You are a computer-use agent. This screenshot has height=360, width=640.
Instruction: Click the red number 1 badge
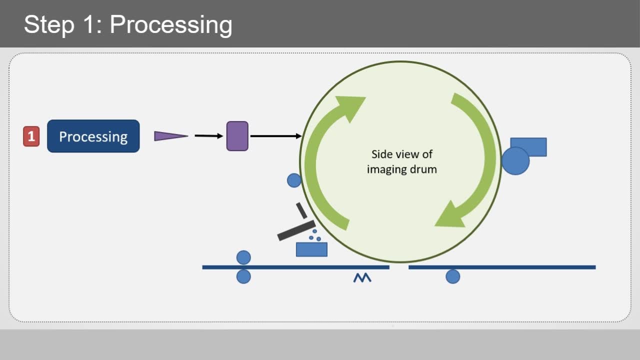point(31,136)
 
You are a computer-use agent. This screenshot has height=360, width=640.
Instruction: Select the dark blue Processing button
point(93,136)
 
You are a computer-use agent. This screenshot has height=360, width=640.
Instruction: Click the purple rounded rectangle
point(237,136)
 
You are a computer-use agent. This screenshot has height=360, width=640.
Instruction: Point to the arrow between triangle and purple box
point(208,135)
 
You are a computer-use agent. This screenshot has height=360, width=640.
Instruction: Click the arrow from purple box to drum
point(275,136)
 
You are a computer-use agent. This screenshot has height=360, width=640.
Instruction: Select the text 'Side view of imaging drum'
point(401,161)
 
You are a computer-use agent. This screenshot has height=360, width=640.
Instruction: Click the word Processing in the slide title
point(171,24)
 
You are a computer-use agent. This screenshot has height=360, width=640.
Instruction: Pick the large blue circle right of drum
point(515,161)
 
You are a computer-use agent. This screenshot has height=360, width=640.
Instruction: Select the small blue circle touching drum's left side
point(294,180)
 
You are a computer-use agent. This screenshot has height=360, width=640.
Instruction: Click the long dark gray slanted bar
point(296,230)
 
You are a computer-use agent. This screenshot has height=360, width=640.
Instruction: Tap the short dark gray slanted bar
point(301,210)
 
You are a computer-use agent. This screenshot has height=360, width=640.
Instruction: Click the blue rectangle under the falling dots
point(311,249)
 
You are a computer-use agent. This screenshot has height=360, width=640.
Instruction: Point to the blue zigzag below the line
point(362,278)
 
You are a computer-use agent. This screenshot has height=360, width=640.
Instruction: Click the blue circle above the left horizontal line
point(243,257)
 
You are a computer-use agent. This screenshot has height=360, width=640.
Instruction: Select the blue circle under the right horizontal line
point(452,276)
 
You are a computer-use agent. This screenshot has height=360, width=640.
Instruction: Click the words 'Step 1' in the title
point(59,24)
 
